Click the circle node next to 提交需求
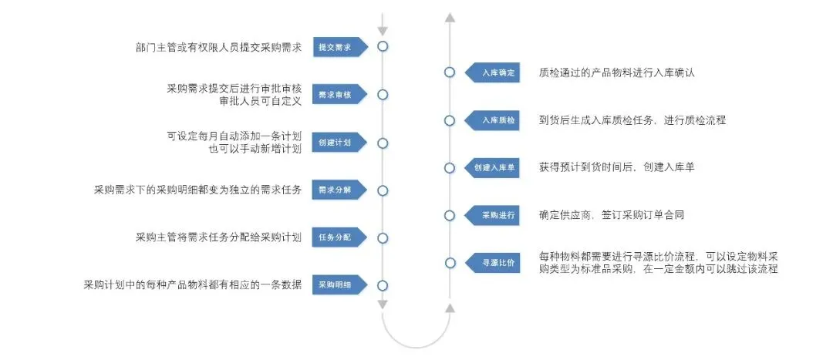383,46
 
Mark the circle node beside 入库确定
450,72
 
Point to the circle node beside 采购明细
383,285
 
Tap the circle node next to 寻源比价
450,263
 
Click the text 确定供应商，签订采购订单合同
612,215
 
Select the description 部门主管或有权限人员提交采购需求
218,47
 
